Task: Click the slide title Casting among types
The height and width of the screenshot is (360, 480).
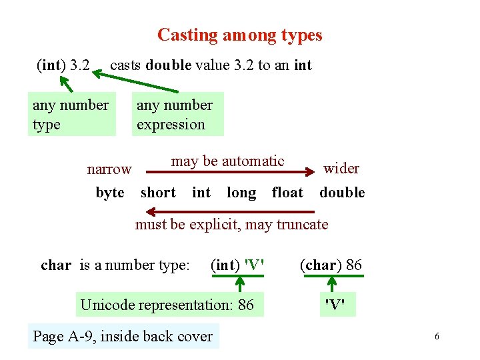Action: coord(239,35)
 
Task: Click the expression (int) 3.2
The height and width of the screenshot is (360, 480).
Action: coord(63,65)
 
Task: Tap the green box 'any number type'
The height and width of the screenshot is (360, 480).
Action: coord(71,115)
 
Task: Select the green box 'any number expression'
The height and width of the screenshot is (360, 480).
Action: coord(175,115)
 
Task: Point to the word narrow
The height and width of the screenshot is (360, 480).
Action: coord(109,169)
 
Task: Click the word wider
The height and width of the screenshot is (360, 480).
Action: coord(341,168)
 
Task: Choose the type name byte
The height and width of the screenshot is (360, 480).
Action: coord(110,193)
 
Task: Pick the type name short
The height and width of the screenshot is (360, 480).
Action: coord(158,193)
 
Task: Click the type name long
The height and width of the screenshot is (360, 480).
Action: coord(241,193)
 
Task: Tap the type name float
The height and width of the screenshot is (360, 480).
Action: coord(287,193)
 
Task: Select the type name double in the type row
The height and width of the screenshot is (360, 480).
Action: coord(342,193)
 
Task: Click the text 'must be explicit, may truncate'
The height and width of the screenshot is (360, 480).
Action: coord(231,224)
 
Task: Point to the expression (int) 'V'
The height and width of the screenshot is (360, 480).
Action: coord(237,265)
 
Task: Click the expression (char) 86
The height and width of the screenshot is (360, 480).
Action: coord(331,265)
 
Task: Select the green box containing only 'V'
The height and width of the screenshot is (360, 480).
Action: coord(335,305)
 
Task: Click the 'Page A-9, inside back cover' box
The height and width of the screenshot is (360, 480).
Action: coord(123,336)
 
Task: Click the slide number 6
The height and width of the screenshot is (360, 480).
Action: coord(437,337)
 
